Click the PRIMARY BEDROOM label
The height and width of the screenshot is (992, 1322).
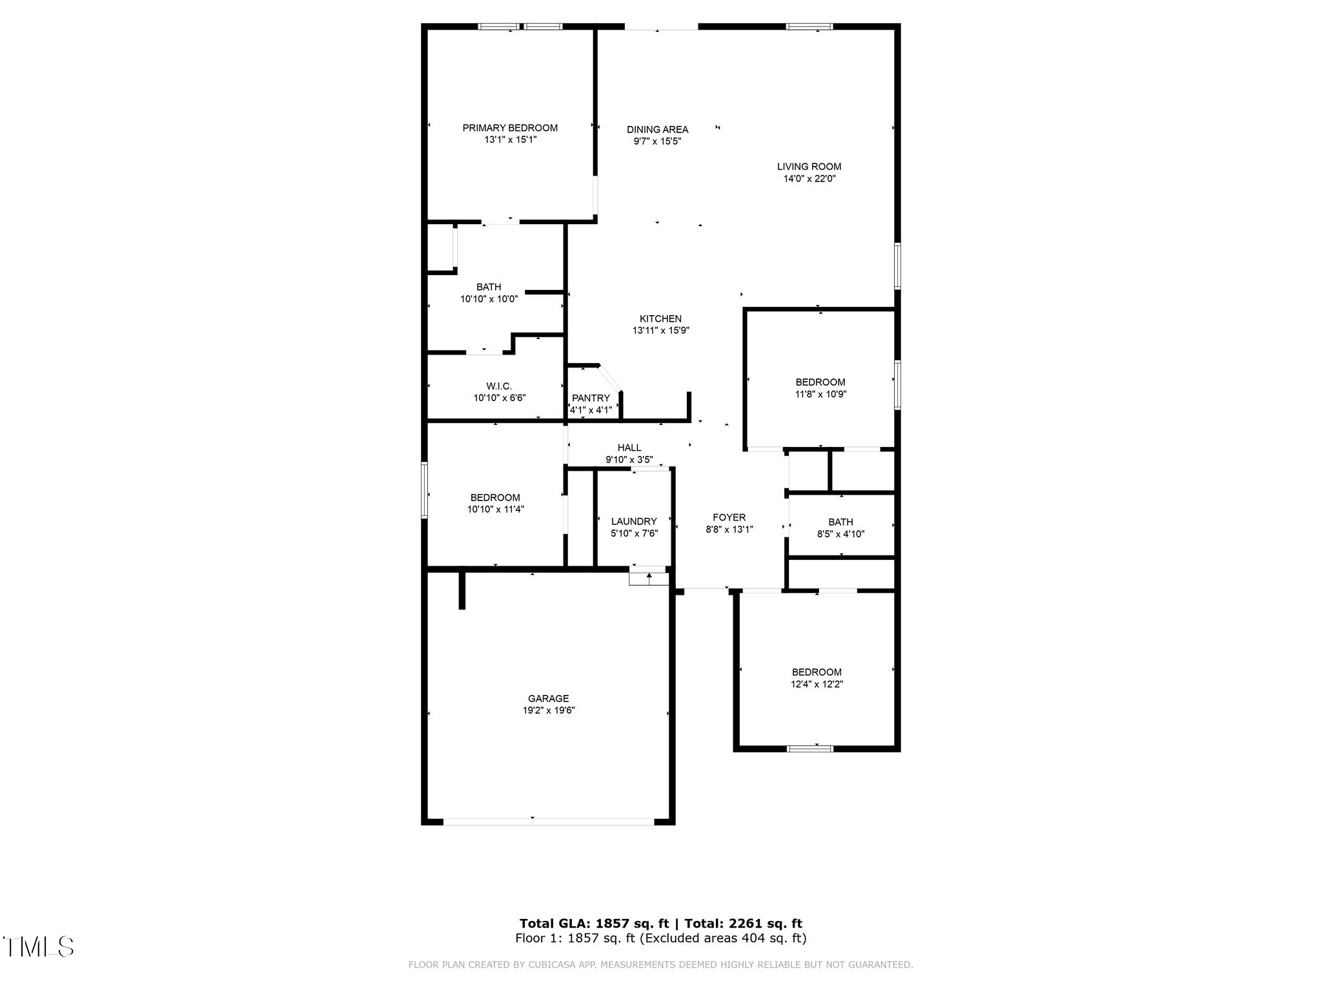510,128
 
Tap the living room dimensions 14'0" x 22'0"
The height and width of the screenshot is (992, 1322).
809,179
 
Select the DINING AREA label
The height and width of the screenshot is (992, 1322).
657,129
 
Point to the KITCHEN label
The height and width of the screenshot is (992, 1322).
660,318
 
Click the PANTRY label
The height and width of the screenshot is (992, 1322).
591,398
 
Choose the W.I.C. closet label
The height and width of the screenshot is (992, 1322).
499,386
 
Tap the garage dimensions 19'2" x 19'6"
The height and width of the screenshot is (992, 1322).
549,710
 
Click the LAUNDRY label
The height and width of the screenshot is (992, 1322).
634,521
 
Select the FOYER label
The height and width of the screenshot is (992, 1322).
729,517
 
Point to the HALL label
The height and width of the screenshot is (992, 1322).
629,448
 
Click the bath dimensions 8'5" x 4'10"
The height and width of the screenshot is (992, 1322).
840,534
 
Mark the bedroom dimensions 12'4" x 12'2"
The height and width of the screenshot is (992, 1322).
817,684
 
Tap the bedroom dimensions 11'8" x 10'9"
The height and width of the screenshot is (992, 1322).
820,394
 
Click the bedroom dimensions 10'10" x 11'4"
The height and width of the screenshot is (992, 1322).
495,509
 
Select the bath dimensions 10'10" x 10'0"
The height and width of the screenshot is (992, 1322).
489,299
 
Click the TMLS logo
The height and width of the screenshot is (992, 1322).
39,947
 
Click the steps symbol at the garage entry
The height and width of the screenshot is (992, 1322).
649,577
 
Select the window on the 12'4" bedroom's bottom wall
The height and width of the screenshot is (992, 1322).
810,749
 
